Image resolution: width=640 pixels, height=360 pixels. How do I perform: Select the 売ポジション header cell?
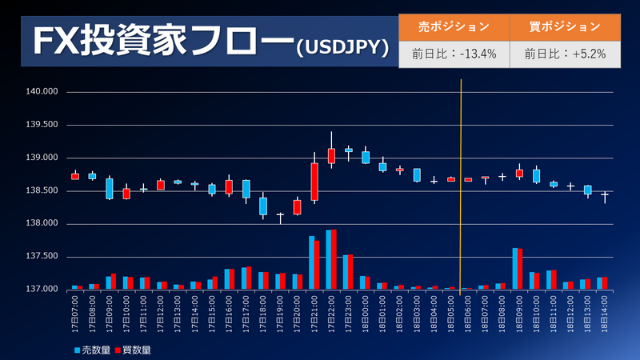coord(454,26)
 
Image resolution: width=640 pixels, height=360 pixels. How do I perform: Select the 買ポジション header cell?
coord(565,26)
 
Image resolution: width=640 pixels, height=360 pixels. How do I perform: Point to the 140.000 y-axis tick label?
coord(43,92)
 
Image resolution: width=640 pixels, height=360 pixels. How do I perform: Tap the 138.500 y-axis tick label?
coord(43,190)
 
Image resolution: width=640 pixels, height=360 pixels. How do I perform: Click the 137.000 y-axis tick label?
coord(43,289)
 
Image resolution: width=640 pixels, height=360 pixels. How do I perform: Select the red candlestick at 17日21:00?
coord(314,182)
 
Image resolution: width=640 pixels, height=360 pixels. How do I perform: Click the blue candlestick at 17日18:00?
coord(263,206)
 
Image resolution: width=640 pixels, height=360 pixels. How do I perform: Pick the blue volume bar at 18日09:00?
coord(515,268)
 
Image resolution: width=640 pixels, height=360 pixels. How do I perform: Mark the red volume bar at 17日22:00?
coord(334,259)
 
